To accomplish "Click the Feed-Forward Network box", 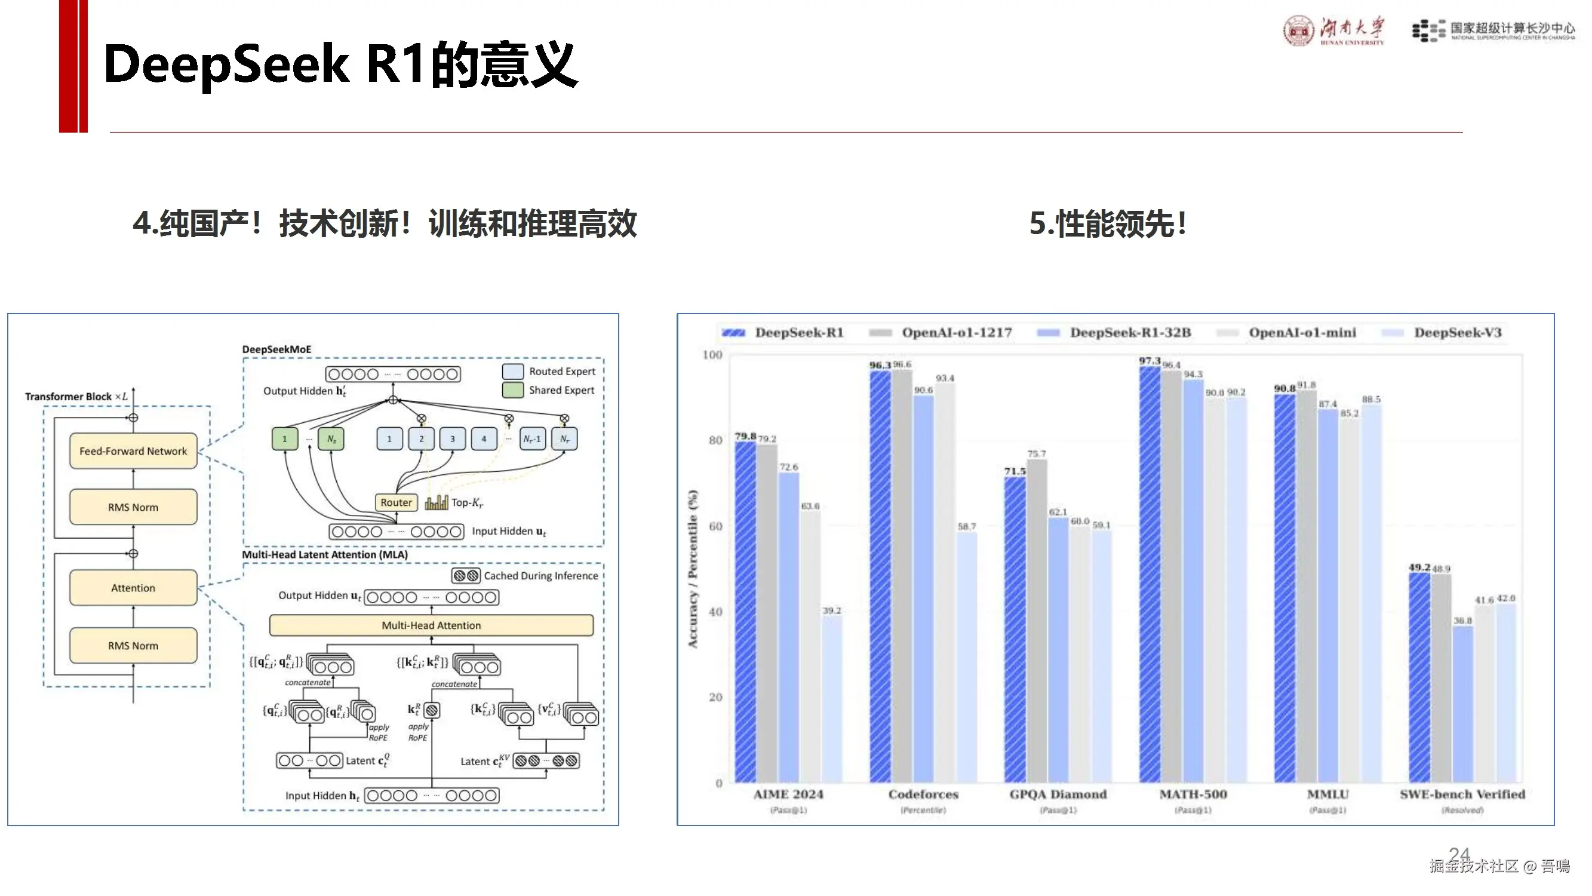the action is (133, 451).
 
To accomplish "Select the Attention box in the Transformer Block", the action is (133, 587).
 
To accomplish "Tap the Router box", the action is (396, 502).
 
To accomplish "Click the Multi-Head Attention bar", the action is (431, 625).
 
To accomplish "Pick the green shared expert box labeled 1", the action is (284, 438).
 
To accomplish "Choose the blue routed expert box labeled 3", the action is (453, 438).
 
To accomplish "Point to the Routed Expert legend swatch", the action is (513, 371).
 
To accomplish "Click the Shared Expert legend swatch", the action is (513, 390).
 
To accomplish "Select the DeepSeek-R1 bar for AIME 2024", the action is (745, 612).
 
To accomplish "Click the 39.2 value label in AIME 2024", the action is (831, 610).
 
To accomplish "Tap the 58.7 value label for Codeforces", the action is (967, 526).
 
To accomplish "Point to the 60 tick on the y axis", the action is (715, 526).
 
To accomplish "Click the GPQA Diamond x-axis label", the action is (1058, 794).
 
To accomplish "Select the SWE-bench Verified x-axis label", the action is (1462, 794).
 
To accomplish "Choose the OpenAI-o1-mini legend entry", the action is (1302, 333).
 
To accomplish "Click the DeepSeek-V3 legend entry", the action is (1457, 333).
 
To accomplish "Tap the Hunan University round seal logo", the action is (1298, 31).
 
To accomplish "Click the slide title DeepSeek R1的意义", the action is (340, 65).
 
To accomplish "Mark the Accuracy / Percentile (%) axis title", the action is (693, 569).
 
